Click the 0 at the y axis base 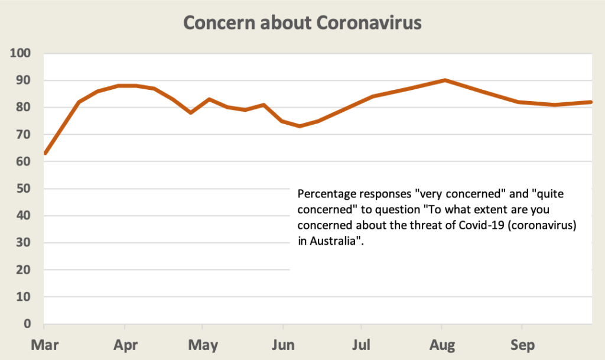tap(27, 325)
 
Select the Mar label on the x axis tap(44, 345)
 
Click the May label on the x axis tap(203, 345)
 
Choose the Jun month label tap(283, 345)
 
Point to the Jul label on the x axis tap(361, 345)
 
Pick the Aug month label tap(441, 345)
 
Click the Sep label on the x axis tap(522, 345)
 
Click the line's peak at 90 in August tap(445, 80)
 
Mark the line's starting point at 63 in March tap(45, 153)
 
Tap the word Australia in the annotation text tap(332, 242)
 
